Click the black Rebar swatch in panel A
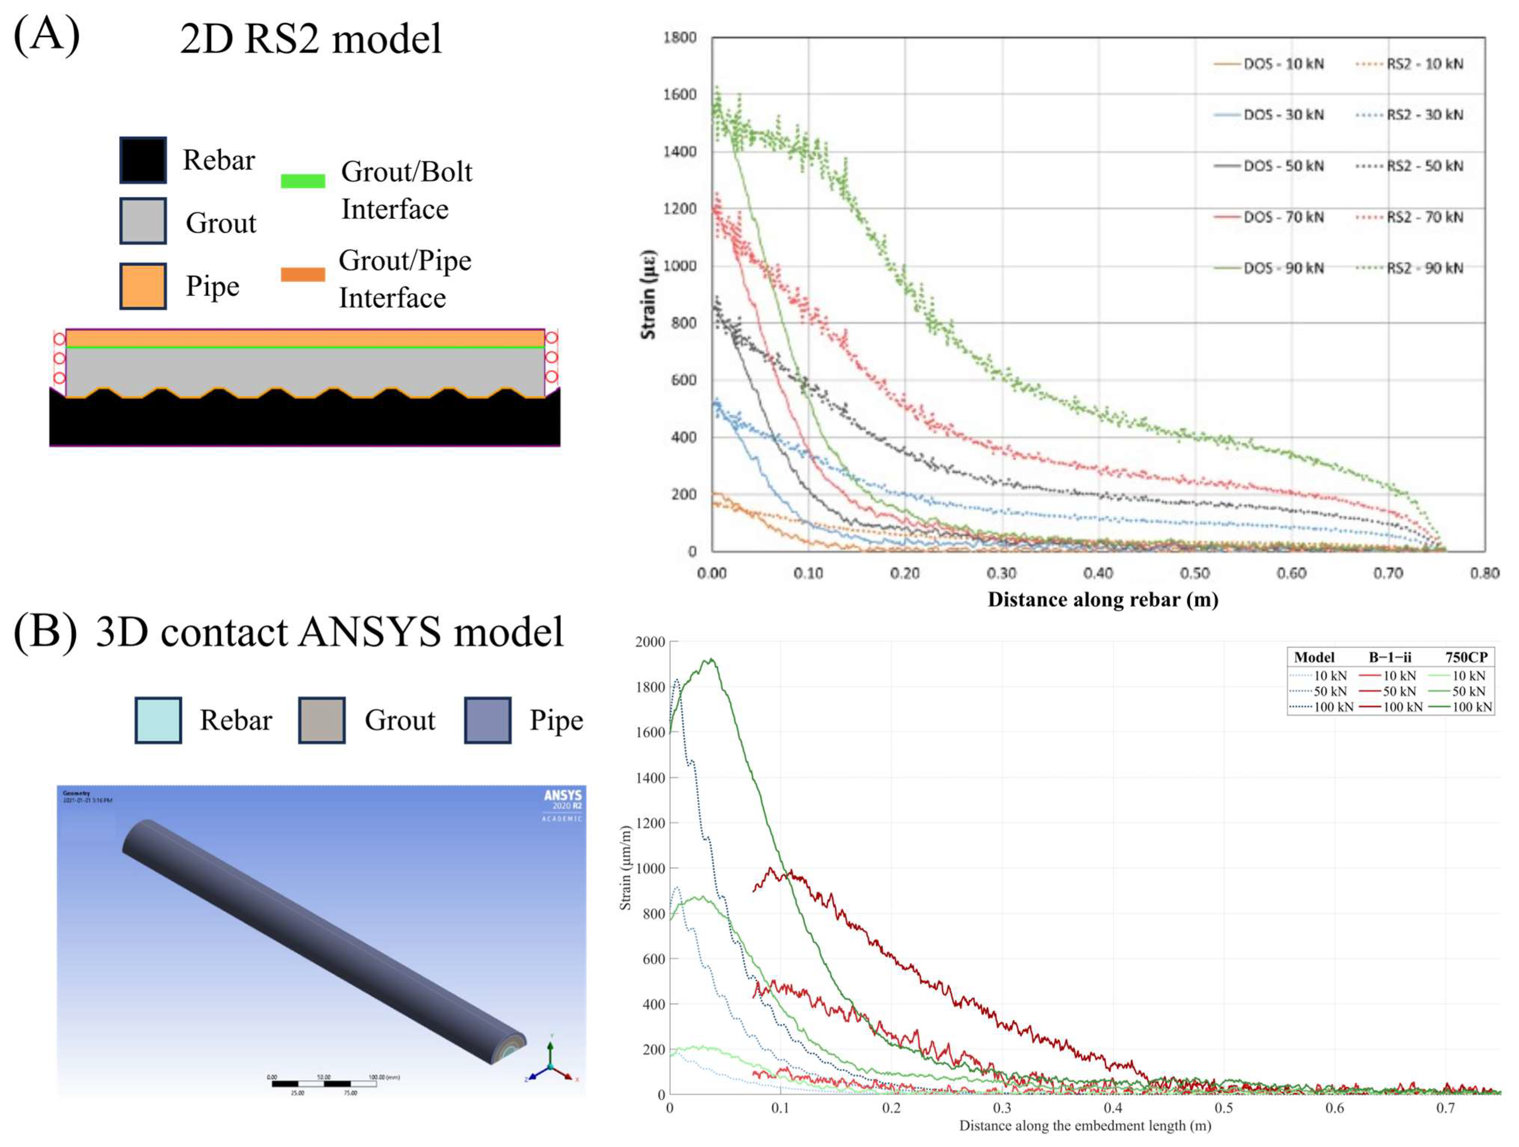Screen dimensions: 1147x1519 [x=143, y=160]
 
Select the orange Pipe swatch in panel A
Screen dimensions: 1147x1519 [x=143, y=286]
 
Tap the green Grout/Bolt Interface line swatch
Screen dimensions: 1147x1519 [x=303, y=180]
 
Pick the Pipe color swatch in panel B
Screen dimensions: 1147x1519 [x=488, y=720]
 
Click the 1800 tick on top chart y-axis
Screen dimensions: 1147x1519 [x=680, y=37]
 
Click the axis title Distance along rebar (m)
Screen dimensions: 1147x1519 [x=1103, y=600]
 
